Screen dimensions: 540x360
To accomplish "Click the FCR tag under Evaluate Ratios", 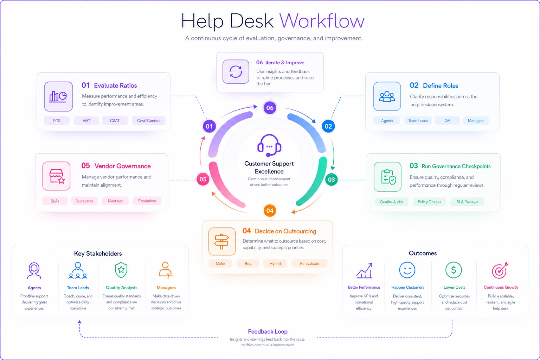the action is point(57,121).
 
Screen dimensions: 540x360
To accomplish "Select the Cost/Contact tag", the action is point(149,121).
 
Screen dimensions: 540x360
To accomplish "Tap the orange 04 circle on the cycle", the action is point(270,211).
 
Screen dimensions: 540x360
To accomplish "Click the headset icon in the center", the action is point(269,146).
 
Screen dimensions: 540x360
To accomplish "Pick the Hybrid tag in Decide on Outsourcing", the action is point(275,264).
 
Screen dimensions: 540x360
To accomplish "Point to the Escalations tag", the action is point(147,201).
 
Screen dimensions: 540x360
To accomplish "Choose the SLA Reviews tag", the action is point(467,202).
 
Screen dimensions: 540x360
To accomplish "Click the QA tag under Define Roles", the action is point(448,121).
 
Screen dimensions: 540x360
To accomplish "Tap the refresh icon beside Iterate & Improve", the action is point(236,72).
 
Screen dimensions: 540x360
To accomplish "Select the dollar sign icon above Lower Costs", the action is point(454,270).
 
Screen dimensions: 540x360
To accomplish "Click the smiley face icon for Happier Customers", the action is point(407,270).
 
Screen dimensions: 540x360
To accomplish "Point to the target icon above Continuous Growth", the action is point(500,270).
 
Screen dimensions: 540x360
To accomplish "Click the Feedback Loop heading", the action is point(268,332).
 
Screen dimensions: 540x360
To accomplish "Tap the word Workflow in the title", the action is point(322,21).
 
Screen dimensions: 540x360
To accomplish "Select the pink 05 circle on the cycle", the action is point(203,179).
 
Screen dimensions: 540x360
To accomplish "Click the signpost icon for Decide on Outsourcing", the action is point(222,242).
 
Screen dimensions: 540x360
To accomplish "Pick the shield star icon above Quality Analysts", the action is point(121,270).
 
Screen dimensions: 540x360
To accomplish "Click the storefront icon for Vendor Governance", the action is point(56,176).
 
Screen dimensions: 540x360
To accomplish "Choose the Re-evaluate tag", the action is point(309,264).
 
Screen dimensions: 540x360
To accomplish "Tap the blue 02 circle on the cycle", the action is point(328,126).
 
